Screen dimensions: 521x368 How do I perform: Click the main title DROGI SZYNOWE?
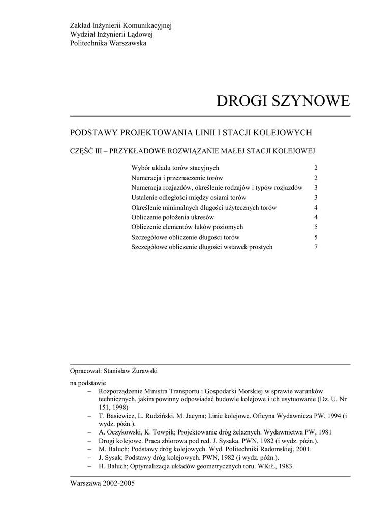(283, 101)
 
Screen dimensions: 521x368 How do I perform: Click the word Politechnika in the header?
(89, 43)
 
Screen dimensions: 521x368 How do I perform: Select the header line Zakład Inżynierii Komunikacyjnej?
(121, 26)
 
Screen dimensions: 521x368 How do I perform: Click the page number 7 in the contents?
(316, 247)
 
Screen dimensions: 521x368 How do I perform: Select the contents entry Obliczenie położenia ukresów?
(172, 217)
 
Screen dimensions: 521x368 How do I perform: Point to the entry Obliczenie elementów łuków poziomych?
(187, 227)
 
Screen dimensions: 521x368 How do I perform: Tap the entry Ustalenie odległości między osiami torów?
(189, 197)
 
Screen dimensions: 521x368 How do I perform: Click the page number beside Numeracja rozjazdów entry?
(316, 187)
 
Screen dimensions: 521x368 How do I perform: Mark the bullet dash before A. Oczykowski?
(89, 432)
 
